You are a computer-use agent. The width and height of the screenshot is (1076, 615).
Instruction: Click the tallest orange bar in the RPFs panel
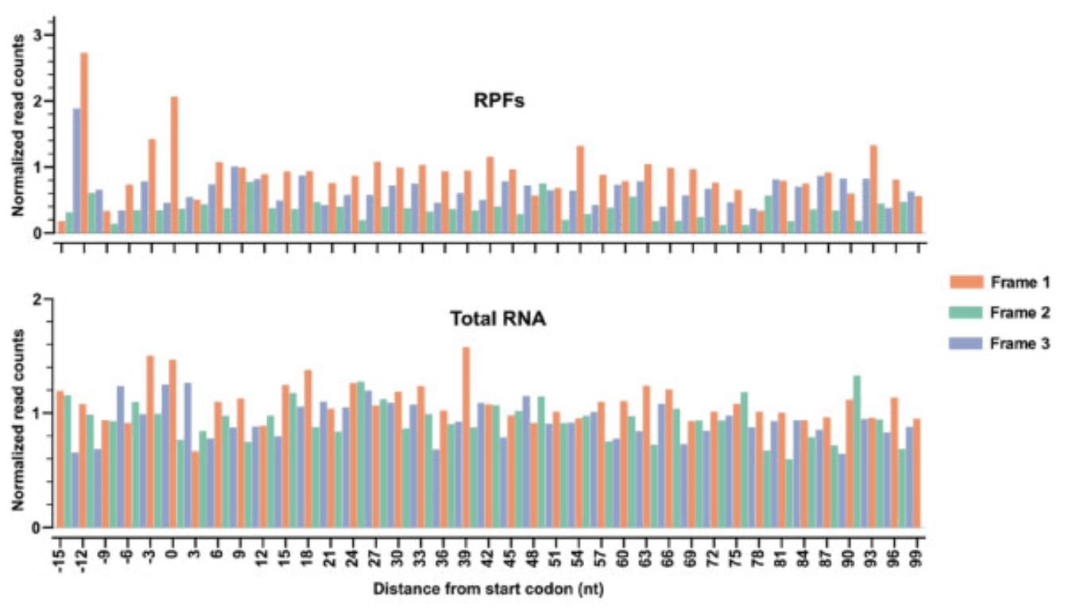pos(84,143)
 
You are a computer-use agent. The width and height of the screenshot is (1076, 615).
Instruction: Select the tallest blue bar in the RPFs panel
pos(77,170)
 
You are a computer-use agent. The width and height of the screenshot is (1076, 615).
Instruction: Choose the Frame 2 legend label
pos(1020,313)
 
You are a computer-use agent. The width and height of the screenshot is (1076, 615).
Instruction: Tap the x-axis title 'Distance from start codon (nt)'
pos(490,590)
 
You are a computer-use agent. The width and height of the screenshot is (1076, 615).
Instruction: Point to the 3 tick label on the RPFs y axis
pos(37,35)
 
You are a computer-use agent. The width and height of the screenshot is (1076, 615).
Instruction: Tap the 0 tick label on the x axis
pos(172,552)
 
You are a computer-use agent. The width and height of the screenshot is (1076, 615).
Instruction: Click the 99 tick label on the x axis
pos(917,555)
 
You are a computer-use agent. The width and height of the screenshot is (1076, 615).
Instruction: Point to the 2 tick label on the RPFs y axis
pos(37,101)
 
